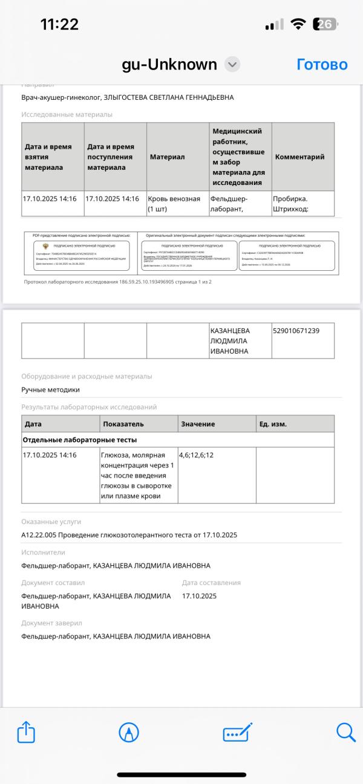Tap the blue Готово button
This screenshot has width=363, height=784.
(322, 65)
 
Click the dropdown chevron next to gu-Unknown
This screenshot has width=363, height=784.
(232, 65)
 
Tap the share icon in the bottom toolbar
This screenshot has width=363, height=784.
(25, 733)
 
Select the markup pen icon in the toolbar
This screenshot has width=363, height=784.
(129, 733)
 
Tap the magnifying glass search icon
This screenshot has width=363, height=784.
(345, 733)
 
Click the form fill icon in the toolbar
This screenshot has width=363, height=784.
(237, 733)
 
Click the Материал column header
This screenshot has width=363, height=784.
(167, 157)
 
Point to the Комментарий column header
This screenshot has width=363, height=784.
(299, 157)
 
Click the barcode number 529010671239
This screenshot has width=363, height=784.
(296, 331)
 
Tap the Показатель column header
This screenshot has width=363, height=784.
(123, 424)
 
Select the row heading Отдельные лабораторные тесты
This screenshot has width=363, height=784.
(80, 439)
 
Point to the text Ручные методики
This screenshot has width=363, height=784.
(51, 390)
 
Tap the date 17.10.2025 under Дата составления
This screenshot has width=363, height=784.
(199, 595)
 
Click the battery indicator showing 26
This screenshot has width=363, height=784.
(324, 24)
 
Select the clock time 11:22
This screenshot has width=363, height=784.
(59, 24)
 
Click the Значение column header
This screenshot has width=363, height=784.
(198, 424)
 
